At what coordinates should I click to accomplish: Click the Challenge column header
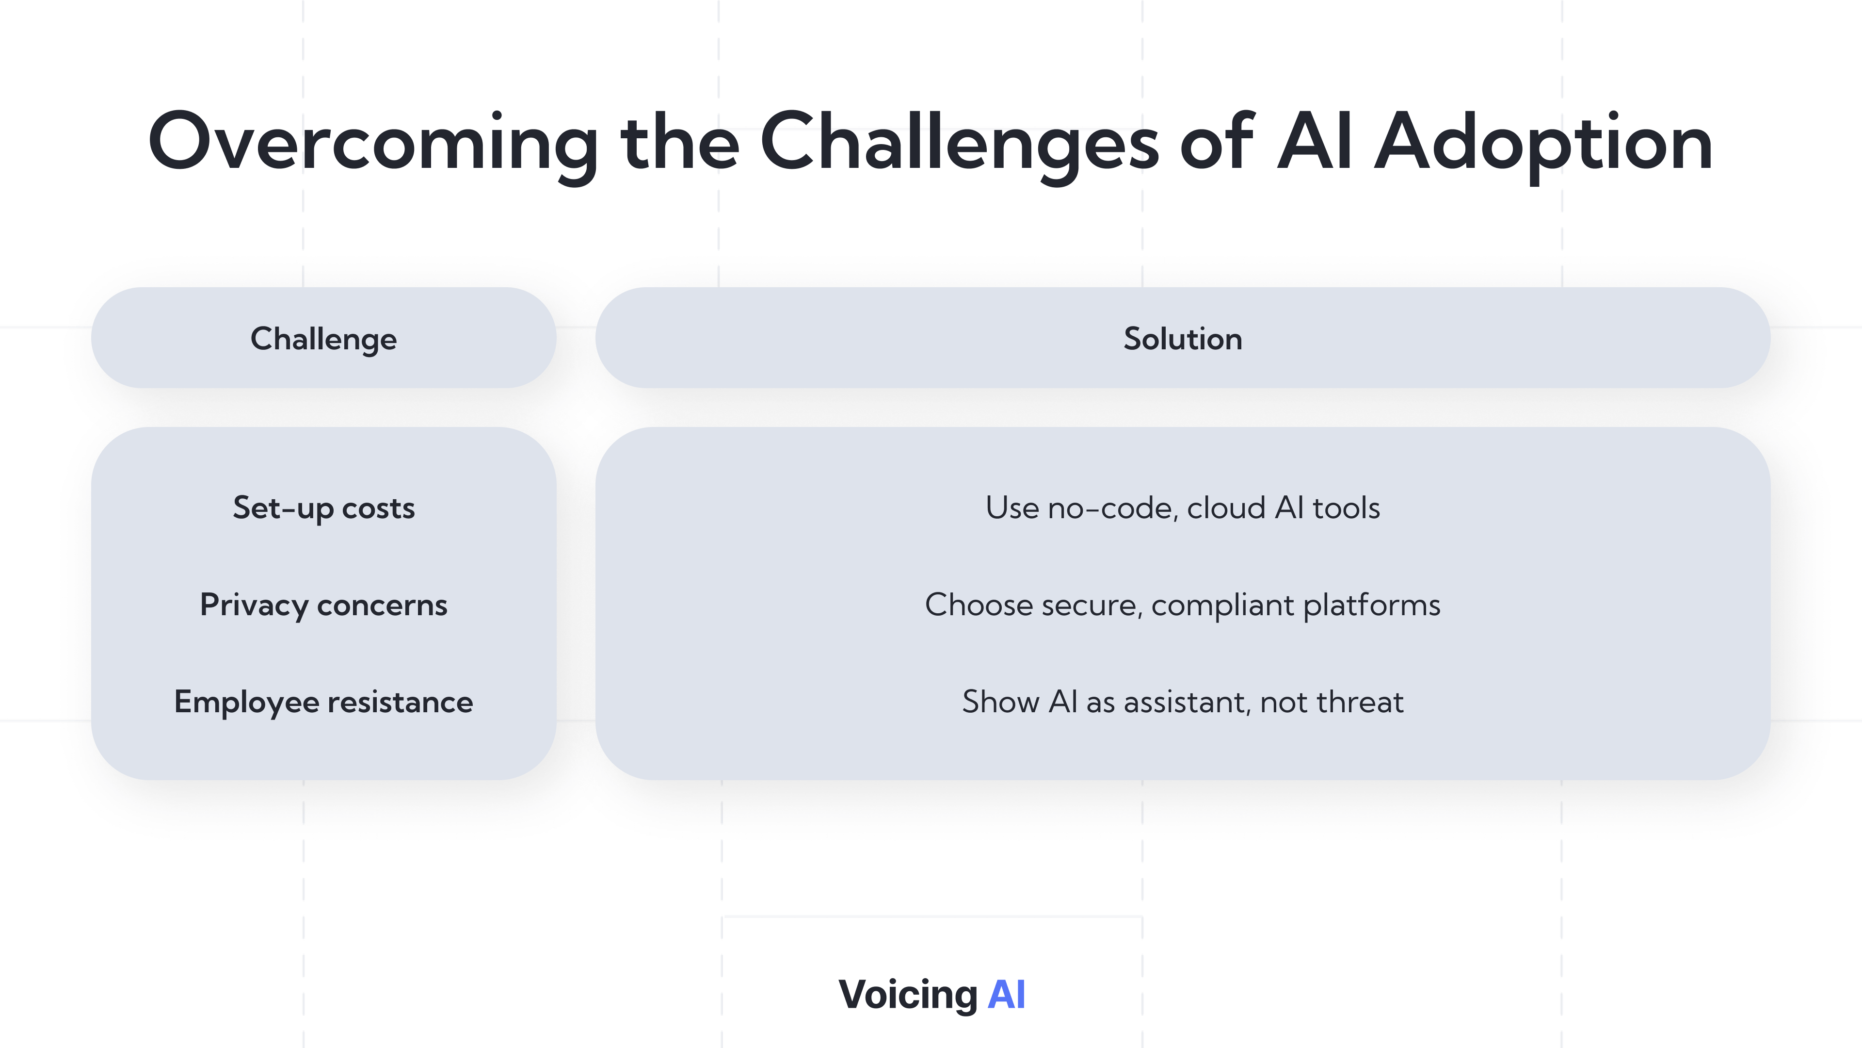pos(324,339)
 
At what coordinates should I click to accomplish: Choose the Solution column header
pos(1183,339)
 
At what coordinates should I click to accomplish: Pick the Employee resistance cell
pos(324,702)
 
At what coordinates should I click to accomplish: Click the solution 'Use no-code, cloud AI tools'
pos(1183,508)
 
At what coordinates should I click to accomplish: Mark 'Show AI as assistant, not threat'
pos(1183,702)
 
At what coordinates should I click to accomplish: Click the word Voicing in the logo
pos(908,995)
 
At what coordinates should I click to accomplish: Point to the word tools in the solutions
pos(1346,508)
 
